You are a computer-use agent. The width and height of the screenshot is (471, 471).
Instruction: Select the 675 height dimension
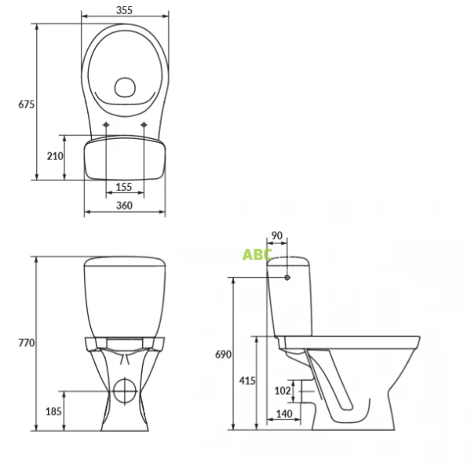[x=27, y=104]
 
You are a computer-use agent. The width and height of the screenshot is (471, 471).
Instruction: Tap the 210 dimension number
[x=54, y=156]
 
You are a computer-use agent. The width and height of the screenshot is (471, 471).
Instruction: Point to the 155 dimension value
[x=124, y=187]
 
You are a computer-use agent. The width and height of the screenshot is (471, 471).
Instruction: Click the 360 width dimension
[x=124, y=206]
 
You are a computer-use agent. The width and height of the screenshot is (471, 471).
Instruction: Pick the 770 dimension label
[x=27, y=343]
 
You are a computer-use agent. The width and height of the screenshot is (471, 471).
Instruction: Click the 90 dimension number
[x=276, y=235]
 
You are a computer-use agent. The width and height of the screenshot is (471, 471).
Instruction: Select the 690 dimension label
[x=223, y=355]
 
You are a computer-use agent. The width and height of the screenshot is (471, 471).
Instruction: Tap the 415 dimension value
[x=247, y=381]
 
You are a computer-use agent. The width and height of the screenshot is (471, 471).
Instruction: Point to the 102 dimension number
[x=283, y=390]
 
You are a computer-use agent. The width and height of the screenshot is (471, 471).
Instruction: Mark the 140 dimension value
[x=284, y=414]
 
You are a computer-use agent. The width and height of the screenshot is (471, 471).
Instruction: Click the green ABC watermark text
[x=257, y=254]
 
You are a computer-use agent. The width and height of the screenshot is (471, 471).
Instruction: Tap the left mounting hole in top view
[x=106, y=126]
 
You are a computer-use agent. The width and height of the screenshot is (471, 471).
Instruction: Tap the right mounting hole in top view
[x=144, y=126]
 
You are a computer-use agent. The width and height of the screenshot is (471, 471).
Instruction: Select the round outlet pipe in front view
[x=124, y=389]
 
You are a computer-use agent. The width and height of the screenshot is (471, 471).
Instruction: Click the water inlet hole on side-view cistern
[x=288, y=277]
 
